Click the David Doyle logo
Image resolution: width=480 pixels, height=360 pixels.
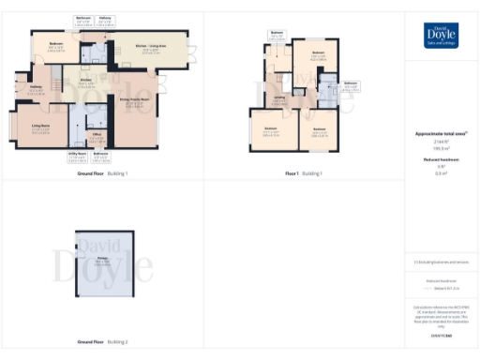(x=442, y=35)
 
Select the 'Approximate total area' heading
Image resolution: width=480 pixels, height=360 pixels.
(x=441, y=133)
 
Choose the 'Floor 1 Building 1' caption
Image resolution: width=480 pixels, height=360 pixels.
(x=303, y=173)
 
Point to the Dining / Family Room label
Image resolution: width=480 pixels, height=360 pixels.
(x=135, y=101)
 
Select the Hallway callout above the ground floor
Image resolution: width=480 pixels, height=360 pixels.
(x=106, y=18)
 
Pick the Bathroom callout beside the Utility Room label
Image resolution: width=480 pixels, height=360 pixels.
(x=101, y=154)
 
